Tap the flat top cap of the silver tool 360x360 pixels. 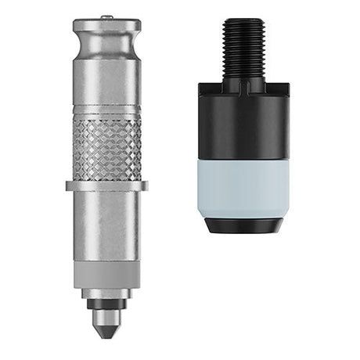point(107,25)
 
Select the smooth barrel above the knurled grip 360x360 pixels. point(107,86)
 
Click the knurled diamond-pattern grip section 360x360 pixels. point(107,149)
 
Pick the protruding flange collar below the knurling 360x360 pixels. point(107,186)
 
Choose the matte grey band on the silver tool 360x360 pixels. point(107,274)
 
